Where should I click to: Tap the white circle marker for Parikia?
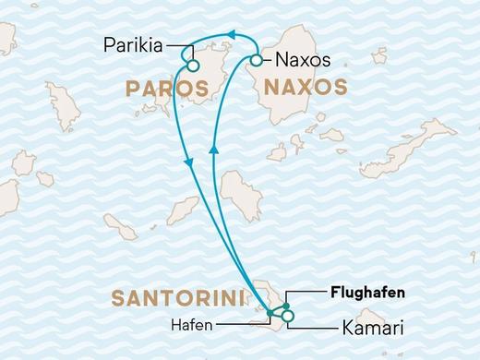(193, 66)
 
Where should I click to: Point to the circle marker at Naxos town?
(257, 61)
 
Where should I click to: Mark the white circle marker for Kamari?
(288, 317)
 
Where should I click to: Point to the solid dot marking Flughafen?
(286, 306)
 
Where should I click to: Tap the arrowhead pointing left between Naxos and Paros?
(233, 36)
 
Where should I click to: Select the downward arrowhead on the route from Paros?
(190, 162)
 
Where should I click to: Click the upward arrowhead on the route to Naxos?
(213, 147)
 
